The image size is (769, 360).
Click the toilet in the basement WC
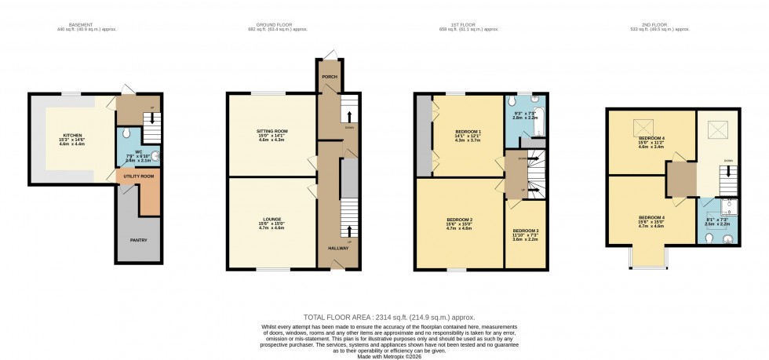coord(126,133)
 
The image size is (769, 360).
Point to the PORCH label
coord(330,77)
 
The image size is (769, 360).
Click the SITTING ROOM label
coord(272,130)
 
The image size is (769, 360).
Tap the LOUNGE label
coord(272,218)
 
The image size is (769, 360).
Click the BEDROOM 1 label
coord(468,130)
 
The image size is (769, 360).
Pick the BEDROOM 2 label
coord(460,219)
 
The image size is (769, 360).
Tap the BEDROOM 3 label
coord(527,231)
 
